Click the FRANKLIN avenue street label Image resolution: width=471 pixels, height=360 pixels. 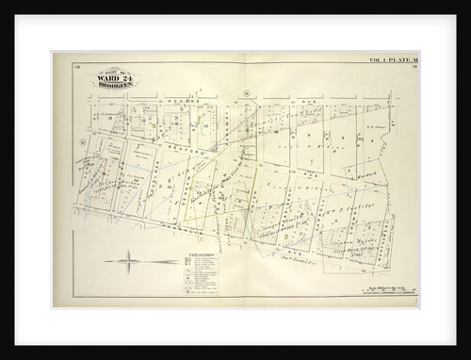tap(132, 218)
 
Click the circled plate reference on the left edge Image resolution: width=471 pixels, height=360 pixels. tap(84, 140)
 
